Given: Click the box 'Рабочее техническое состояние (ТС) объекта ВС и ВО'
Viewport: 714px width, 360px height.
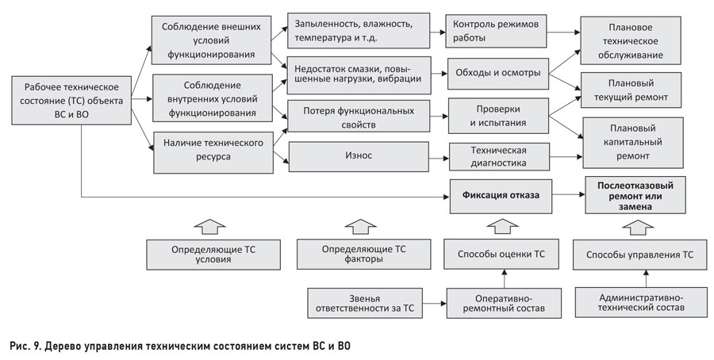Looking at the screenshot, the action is click(71, 101).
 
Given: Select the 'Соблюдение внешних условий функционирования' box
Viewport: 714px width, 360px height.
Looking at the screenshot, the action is click(211, 40).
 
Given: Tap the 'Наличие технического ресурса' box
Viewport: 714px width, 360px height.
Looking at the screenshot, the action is click(213, 152).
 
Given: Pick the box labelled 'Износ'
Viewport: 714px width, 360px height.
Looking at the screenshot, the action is click(359, 156).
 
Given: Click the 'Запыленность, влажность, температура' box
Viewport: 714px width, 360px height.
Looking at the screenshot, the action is click(359, 30).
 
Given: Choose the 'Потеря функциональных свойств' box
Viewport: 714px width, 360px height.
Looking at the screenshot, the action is click(359, 117).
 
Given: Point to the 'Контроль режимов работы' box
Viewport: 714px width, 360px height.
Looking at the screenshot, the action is click(496, 31).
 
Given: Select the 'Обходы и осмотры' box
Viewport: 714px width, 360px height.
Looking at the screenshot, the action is click(497, 73).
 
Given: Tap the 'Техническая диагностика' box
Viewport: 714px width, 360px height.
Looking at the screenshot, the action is click(499, 157).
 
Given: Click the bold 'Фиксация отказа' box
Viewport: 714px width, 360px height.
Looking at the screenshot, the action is click(501, 196).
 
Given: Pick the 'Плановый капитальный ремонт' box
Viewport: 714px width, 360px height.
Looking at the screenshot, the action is click(633, 143).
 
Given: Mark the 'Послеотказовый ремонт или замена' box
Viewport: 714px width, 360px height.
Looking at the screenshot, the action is click(635, 195).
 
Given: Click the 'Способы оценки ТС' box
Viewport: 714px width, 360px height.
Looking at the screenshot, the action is click(501, 254).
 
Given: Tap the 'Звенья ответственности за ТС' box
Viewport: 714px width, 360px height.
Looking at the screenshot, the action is click(365, 303).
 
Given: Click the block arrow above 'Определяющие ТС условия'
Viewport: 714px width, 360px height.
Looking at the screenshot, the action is click(209, 226).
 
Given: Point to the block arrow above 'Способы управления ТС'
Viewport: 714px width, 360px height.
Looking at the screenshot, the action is click(638, 227).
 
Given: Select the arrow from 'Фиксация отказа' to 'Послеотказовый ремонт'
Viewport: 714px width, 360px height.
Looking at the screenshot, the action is click(568, 194).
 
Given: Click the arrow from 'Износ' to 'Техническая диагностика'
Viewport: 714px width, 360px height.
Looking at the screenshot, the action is click(439, 159).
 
